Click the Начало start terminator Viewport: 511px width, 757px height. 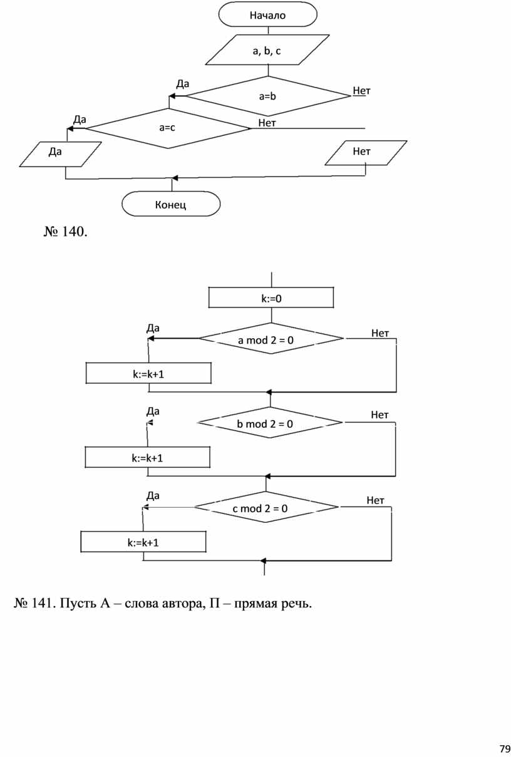(267, 15)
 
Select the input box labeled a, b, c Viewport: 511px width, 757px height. (267, 51)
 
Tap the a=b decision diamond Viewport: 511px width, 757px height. (267, 96)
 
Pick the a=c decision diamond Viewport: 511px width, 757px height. (167, 128)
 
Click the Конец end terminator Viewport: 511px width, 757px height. (171, 204)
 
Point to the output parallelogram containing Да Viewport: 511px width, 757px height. (60, 154)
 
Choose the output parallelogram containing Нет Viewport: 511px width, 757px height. (366, 153)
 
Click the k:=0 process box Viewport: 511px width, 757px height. (271, 298)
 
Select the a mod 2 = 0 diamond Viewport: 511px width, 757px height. (271, 339)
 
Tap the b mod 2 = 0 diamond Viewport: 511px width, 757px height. (269, 423)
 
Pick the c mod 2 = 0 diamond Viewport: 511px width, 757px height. (265, 508)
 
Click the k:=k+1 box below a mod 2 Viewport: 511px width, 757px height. (148, 374)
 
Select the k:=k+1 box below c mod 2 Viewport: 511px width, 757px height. (143, 542)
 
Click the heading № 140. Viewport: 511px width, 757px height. (65, 232)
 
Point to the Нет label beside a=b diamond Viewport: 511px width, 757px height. (361, 91)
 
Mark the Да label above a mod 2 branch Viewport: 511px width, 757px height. (153, 327)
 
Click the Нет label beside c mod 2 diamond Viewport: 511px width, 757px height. (375, 500)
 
